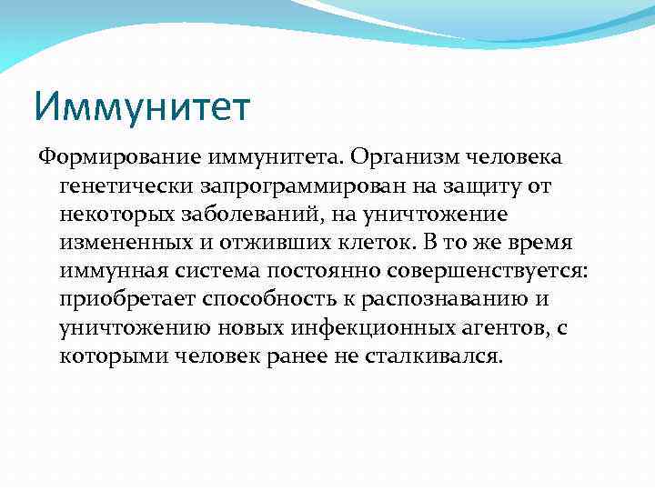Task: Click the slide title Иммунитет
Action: (141, 107)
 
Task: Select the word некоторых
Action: (114, 215)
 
